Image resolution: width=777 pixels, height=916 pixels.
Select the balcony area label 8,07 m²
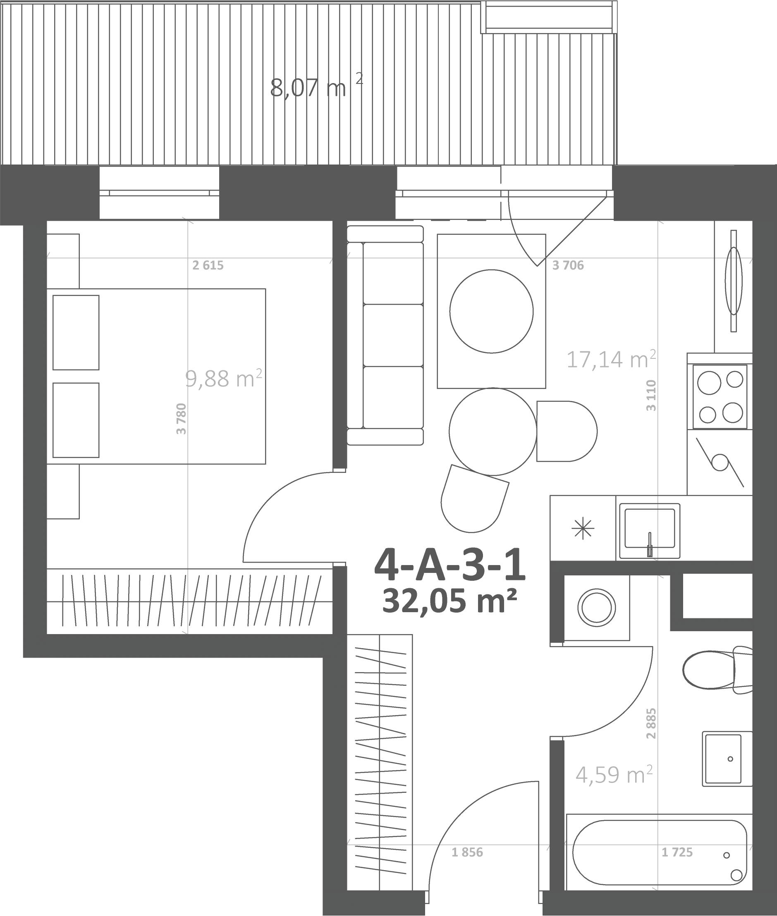(x=316, y=87)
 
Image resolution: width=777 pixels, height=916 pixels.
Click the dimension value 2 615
(x=208, y=265)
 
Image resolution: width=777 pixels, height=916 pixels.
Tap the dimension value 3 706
(x=568, y=265)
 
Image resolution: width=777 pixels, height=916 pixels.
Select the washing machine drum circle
(x=596, y=607)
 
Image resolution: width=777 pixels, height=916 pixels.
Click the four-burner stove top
(x=720, y=396)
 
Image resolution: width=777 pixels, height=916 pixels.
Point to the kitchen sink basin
(x=650, y=531)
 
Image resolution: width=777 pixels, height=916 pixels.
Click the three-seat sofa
(x=385, y=335)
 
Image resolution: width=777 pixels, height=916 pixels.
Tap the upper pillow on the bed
(x=76, y=332)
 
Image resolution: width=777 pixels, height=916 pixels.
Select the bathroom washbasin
(x=727, y=759)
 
